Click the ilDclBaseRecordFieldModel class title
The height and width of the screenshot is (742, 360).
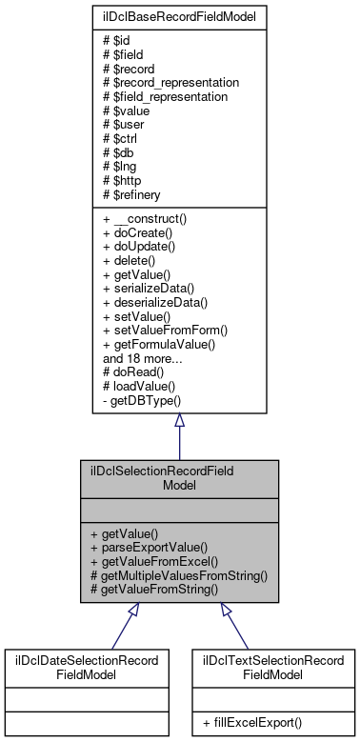179,17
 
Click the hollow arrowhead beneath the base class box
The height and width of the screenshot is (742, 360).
179,422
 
